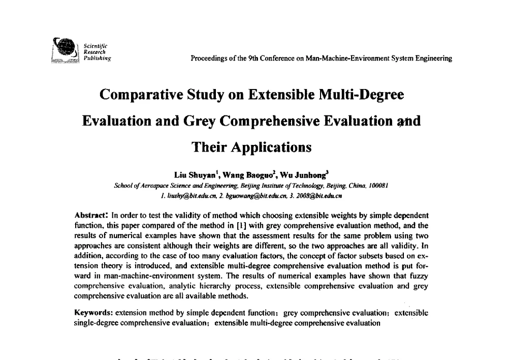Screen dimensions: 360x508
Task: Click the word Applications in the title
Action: click(272, 147)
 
